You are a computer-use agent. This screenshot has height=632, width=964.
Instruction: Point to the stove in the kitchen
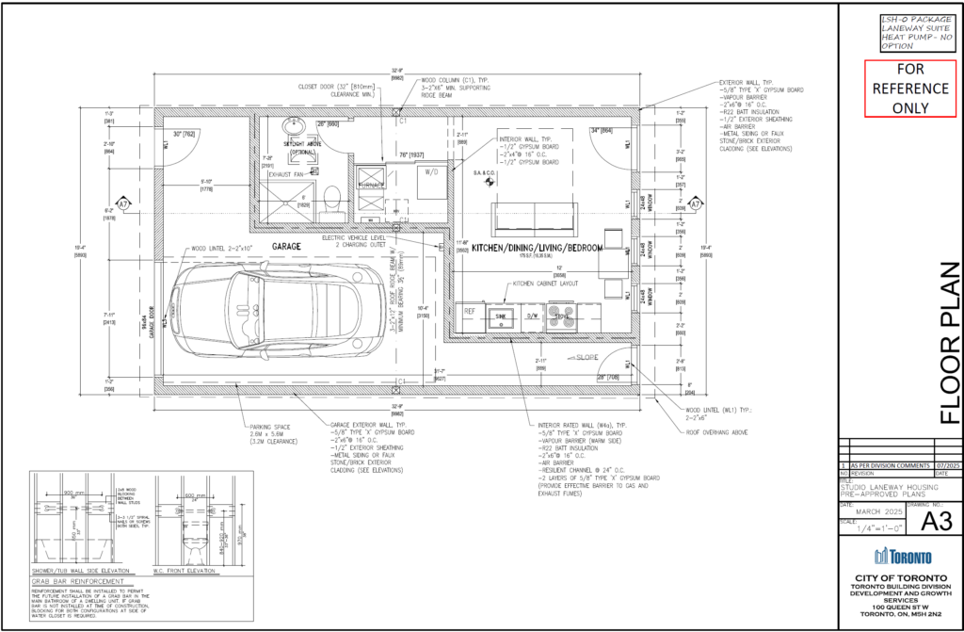click(x=563, y=316)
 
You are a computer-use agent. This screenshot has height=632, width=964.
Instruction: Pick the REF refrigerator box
click(x=470, y=312)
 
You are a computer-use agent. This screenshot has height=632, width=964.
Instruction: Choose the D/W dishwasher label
click(x=532, y=316)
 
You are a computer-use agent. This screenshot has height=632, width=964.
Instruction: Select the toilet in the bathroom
click(x=329, y=199)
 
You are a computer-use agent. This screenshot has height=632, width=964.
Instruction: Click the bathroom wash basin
click(x=290, y=129)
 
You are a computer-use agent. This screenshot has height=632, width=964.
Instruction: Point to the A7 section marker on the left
click(x=122, y=204)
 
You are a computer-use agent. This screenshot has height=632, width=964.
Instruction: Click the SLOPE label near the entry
click(x=586, y=359)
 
